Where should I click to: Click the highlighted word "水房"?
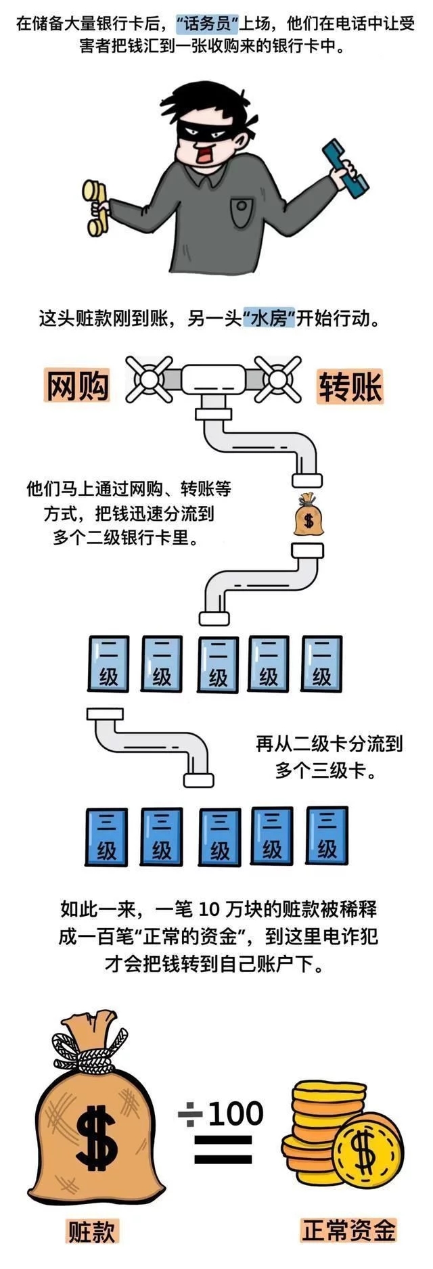(269, 318)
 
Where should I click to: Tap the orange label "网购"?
(77, 386)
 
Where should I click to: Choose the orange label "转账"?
(350, 387)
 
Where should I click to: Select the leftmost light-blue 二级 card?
(108, 664)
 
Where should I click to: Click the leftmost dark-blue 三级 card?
(106, 837)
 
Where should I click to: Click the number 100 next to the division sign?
(235, 1113)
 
